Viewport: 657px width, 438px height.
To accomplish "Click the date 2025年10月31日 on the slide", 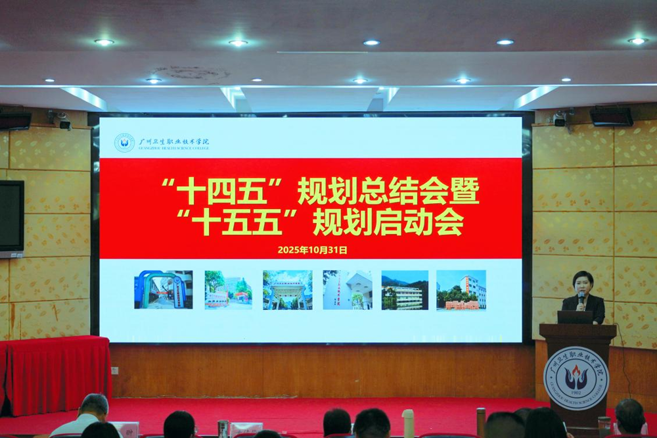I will tap(312, 250).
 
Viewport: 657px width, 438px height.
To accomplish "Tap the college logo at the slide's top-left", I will tap(124, 143).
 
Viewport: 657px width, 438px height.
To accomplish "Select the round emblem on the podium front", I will tap(576, 378).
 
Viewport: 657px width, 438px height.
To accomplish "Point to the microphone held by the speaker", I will tap(581, 299).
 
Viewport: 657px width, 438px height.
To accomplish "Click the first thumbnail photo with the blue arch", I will tap(164, 289).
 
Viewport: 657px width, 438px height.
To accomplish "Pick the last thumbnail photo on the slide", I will tap(461, 289).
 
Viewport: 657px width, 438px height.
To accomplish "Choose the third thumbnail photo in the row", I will tap(287, 289).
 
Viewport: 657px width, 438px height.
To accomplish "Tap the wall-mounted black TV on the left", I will tap(11, 217).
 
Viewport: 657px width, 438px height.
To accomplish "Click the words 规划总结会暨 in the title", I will tap(388, 191).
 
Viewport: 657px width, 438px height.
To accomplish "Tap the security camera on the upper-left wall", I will tap(60, 120).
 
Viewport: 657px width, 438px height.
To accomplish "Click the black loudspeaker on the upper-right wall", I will tap(611, 116).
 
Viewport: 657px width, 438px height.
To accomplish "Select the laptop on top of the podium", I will tap(575, 317).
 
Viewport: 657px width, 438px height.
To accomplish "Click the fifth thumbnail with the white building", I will tap(405, 289).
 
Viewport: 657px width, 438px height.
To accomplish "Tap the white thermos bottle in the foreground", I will tap(408, 424).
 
